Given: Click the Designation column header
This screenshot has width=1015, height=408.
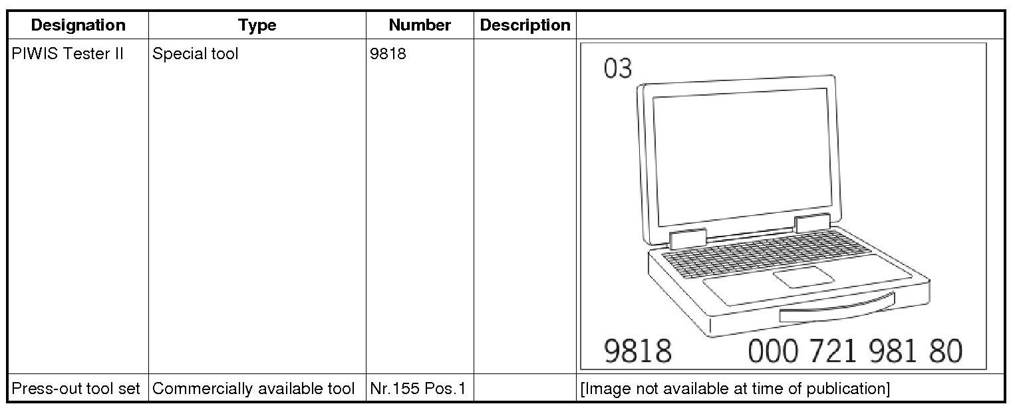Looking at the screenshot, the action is (78, 25).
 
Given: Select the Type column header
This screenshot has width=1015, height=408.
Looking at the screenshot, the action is (257, 25).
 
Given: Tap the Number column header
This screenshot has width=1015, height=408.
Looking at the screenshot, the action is (420, 25).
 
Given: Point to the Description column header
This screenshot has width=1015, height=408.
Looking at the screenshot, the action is (525, 25).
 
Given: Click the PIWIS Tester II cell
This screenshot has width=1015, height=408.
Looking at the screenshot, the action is (68, 54).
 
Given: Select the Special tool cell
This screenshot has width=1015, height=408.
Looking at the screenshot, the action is (195, 54).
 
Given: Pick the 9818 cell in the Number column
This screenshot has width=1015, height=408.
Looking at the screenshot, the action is (388, 54).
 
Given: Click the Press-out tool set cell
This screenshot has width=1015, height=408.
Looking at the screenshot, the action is (76, 389).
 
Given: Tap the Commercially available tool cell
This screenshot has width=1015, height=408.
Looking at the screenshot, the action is (253, 389).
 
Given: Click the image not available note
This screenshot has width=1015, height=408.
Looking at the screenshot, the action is (735, 389).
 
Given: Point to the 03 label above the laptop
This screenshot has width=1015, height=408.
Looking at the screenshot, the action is (618, 68).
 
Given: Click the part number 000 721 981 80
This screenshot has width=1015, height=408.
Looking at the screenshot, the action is (855, 351).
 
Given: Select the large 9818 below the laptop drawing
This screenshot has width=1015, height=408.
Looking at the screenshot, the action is (637, 351).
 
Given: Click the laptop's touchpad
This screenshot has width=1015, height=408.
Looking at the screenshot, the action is (803, 276).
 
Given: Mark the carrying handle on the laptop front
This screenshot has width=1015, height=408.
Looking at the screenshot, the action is (837, 309).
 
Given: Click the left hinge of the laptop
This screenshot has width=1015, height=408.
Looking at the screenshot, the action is (688, 238).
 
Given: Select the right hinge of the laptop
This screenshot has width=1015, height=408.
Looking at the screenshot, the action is (812, 223).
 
